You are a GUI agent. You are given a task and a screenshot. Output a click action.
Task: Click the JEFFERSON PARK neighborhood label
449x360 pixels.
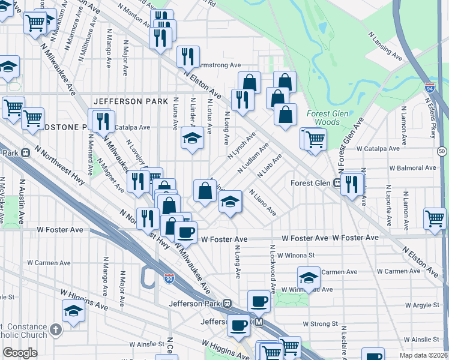(x=130, y=101)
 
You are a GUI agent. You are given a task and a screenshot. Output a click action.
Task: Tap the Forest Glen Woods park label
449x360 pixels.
(x=324, y=118)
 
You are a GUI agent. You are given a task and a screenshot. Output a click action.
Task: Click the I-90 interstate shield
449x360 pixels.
(x=169, y=278)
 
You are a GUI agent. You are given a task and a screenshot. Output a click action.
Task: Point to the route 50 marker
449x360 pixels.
(x=442, y=151)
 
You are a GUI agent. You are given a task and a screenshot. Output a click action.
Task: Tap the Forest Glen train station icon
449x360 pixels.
(x=338, y=183)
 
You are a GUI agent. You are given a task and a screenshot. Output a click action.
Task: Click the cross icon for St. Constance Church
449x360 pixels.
(x=56, y=329)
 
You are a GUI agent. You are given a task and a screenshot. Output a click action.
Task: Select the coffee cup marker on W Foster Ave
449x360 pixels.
(x=185, y=232)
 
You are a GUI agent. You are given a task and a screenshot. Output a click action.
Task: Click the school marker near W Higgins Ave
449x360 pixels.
(x=73, y=311)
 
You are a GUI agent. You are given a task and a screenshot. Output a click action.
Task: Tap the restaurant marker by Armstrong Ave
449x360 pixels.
(x=188, y=56)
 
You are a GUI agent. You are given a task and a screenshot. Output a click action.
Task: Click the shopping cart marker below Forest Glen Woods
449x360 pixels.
(x=314, y=139)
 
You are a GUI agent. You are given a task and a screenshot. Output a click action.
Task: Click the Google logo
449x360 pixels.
(x=20, y=353)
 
